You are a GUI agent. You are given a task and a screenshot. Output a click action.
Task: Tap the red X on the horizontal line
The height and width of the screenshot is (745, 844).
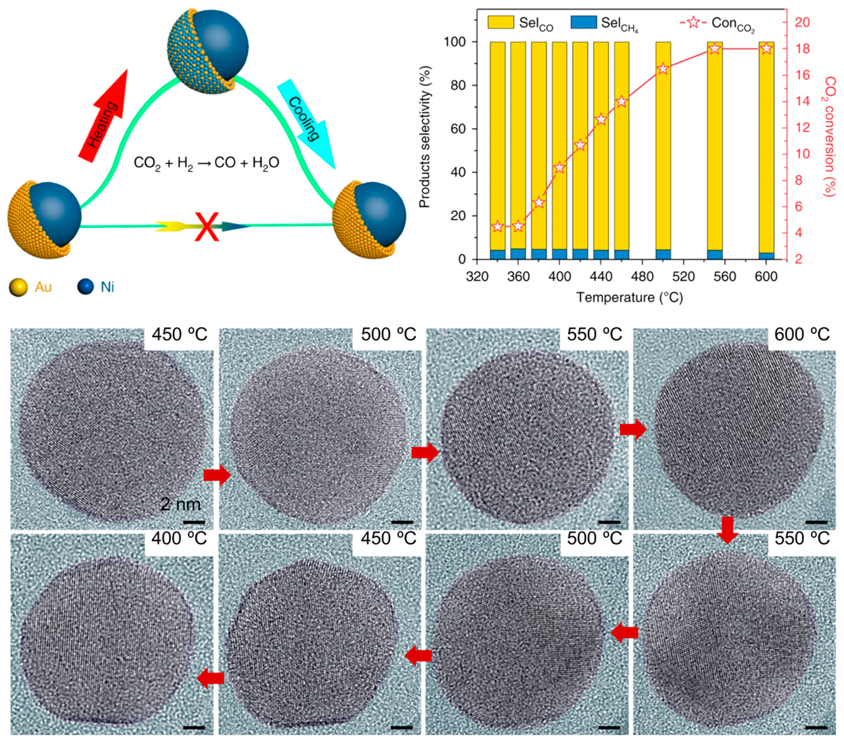(x=207, y=226)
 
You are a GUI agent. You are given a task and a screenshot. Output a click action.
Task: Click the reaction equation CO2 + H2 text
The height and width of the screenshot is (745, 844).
(x=207, y=163)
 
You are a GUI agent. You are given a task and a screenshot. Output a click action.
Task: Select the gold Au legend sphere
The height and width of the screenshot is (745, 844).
(x=18, y=287)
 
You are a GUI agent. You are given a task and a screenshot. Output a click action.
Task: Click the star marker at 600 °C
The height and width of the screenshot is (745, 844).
(x=766, y=49)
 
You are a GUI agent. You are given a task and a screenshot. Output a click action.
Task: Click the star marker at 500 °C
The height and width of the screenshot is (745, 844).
(x=663, y=69)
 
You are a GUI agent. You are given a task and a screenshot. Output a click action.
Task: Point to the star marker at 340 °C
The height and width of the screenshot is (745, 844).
(x=498, y=226)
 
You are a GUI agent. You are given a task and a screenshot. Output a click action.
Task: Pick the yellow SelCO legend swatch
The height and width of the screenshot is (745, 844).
(x=500, y=22)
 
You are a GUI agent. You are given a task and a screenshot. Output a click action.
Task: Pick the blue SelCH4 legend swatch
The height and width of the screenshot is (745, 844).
(x=583, y=22)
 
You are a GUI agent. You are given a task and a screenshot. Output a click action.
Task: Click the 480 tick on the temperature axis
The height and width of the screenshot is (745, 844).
(x=642, y=276)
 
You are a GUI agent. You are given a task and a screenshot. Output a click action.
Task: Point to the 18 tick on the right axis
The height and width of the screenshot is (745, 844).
(x=802, y=49)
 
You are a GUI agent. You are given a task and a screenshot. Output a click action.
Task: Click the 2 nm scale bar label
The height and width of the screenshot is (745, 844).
(x=180, y=504)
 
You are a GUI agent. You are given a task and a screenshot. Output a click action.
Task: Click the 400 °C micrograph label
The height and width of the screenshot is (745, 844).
(x=179, y=538)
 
